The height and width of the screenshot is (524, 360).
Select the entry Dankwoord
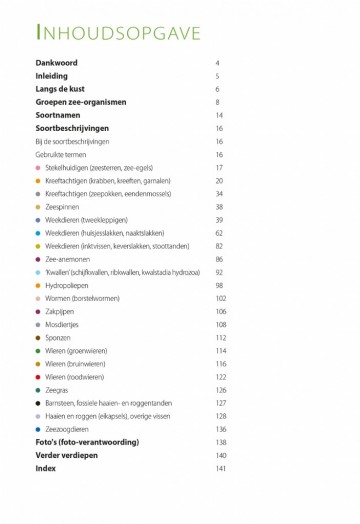click(59, 63)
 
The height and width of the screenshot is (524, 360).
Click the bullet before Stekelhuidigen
click(38, 167)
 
